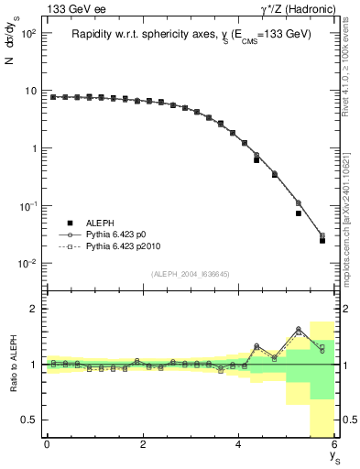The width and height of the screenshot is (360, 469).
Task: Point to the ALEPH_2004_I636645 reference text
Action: [x=191, y=272]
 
